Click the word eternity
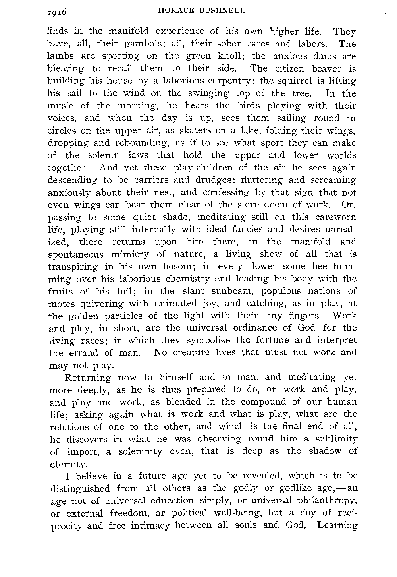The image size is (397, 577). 67,464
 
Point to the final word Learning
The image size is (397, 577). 338,525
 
